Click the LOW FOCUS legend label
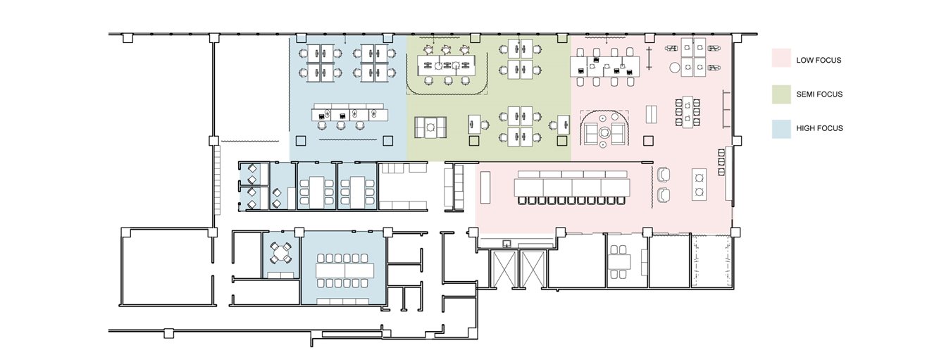[819, 61]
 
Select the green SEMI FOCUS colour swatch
[781, 94]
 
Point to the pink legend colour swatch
[781, 58]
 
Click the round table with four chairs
[280, 254]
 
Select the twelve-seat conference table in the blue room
[345, 271]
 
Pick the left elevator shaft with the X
[504, 269]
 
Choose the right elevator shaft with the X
[533, 269]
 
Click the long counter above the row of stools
[571, 187]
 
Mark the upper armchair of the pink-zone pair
[663, 175]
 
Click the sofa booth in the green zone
[430, 127]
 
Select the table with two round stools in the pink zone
[699, 185]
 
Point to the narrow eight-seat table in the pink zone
[688, 111]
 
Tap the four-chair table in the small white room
[619, 260]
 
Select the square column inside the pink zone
[648, 140]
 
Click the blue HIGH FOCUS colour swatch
[781, 129]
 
